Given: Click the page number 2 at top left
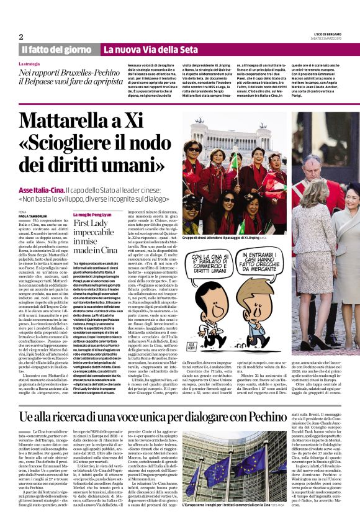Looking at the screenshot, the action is pos(20,37).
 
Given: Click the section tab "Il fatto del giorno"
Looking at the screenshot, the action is pos(56,49).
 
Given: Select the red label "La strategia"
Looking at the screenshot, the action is pos(30,64).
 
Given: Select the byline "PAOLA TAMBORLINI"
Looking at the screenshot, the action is pos(32,215).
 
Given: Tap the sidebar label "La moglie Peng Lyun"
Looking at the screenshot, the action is pos(94,213).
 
